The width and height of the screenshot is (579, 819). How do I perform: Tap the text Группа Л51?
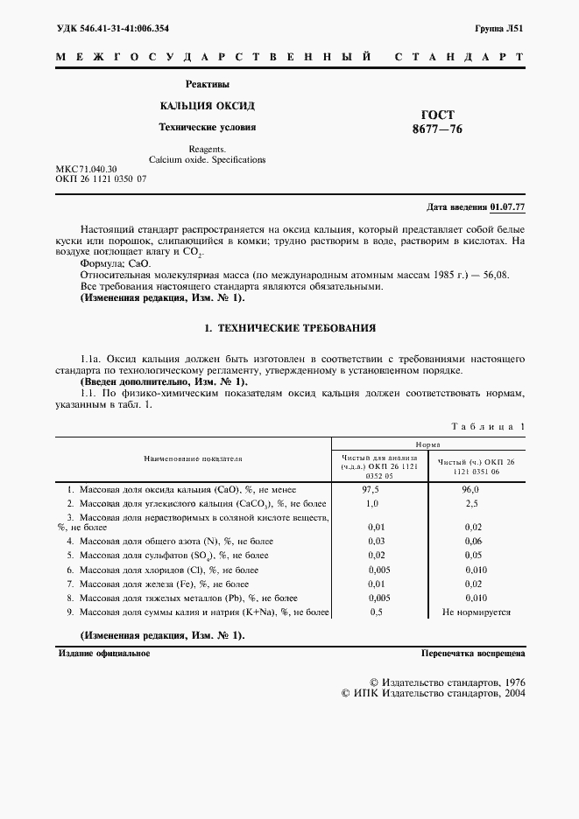(x=499, y=28)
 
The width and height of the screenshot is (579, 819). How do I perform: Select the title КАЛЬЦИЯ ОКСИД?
(x=207, y=106)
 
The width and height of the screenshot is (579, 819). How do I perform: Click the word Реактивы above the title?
(x=208, y=85)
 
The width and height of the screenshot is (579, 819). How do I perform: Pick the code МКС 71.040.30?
(x=86, y=168)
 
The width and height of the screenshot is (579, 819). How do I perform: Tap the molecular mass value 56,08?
(x=492, y=274)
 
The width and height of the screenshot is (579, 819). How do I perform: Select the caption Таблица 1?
(x=487, y=426)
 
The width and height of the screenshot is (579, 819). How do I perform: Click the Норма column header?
(x=427, y=444)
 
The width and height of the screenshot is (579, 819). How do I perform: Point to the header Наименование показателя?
(x=194, y=458)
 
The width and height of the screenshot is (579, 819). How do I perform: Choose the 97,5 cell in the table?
(x=371, y=490)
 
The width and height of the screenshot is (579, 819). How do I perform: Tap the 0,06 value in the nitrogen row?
(x=471, y=542)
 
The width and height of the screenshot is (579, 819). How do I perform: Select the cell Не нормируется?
(x=476, y=612)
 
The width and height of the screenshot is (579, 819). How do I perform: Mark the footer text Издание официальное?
(x=103, y=653)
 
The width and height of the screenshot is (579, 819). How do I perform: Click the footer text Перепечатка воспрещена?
(x=472, y=653)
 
